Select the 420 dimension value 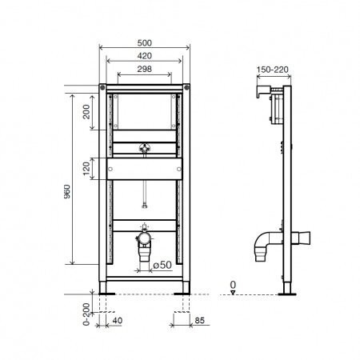[x=144, y=57]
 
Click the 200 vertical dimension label [x=86, y=111]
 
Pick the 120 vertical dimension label [x=86, y=167]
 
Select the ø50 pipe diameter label [x=162, y=264]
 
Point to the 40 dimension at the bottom [x=118, y=322]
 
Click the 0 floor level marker [x=232, y=283]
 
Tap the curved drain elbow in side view [x=265, y=240]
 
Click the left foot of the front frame [x=106, y=286]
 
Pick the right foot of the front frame [x=184, y=286]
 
